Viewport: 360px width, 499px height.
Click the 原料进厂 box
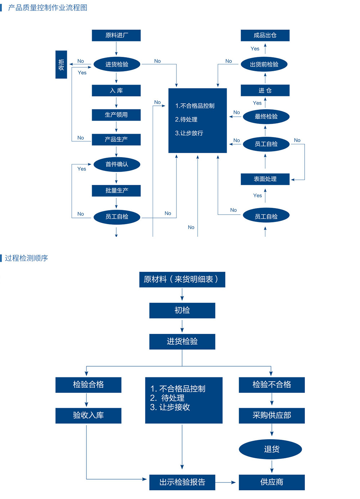coord(116,35)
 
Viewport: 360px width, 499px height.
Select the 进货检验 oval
coord(117,64)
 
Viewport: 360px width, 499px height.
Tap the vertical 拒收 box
coord(61,65)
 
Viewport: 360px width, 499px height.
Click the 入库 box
coord(116,91)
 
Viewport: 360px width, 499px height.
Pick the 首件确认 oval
coord(117,164)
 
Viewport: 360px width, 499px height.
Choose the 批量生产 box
coord(116,191)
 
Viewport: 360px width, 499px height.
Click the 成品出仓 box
coord(265,35)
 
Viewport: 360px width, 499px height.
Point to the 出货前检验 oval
coord(264,64)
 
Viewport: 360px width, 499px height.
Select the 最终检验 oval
coord(266,117)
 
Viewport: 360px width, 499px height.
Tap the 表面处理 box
coord(265,179)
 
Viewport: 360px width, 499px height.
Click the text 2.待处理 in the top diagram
coord(186,119)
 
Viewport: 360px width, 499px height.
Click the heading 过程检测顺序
coord(26,258)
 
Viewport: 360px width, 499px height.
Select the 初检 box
coord(182,310)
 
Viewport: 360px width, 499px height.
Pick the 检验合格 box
coord(88,385)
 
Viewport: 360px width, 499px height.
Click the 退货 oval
coord(270,449)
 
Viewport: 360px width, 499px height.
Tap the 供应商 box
coord(272,482)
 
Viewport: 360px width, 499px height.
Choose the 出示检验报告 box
coord(182,482)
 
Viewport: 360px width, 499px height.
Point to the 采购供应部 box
coord(272,416)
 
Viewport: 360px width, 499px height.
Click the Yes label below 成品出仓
coord(255,49)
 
